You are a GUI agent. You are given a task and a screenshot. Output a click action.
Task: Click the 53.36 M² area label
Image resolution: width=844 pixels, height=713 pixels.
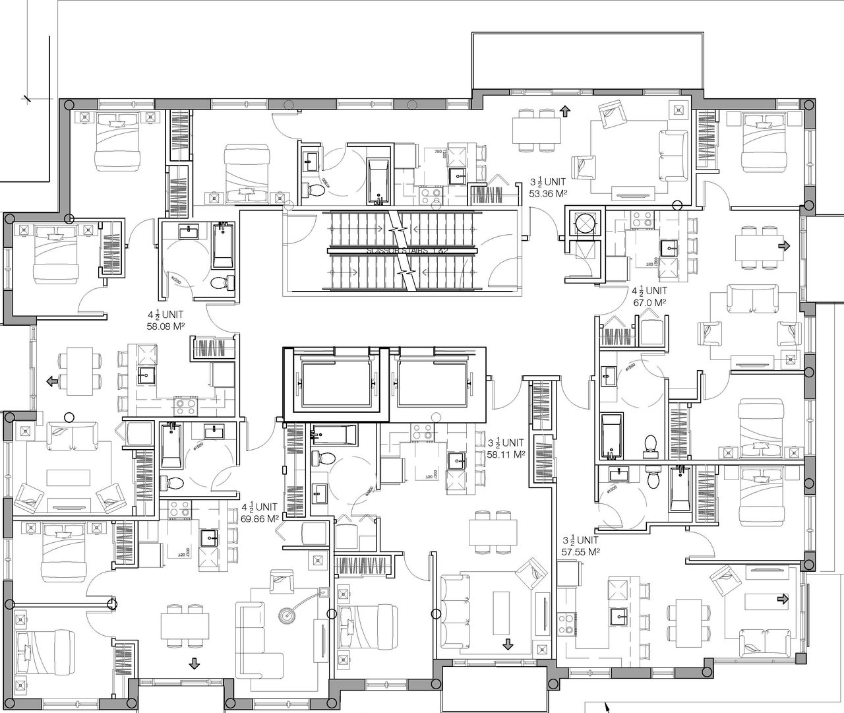pyautogui.click(x=549, y=193)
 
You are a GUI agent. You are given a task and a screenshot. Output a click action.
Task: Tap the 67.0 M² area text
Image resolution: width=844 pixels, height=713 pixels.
pyautogui.click(x=649, y=302)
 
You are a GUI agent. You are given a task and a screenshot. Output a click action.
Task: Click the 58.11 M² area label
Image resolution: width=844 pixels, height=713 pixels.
pyautogui.click(x=506, y=454)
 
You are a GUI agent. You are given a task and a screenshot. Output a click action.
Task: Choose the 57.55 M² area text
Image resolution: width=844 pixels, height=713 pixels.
pyautogui.click(x=580, y=551)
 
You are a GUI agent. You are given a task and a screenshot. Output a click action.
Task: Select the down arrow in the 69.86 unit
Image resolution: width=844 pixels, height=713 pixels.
pyautogui.click(x=194, y=663)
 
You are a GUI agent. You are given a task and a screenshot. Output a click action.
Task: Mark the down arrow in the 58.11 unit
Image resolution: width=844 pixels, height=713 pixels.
pyautogui.click(x=507, y=644)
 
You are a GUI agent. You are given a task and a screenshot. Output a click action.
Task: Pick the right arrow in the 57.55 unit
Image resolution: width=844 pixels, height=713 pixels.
pyautogui.click(x=783, y=599)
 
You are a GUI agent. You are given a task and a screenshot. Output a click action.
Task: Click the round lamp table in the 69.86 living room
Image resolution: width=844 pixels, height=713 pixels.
pyautogui.click(x=287, y=615)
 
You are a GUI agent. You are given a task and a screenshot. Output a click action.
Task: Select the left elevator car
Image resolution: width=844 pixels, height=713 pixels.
pyautogui.click(x=336, y=383)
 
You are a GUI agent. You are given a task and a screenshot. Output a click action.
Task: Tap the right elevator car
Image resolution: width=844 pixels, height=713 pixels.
pyautogui.click(x=433, y=383)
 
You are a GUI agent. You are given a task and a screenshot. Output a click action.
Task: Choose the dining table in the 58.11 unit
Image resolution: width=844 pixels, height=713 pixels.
pyautogui.click(x=493, y=530)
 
